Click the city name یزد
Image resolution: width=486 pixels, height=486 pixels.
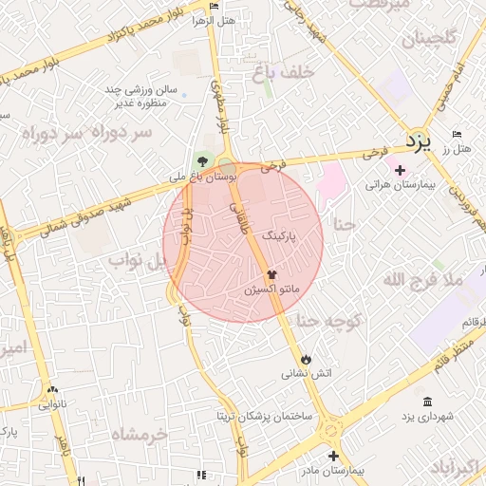(419, 143)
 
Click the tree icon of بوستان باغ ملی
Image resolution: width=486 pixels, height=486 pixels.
(200, 159)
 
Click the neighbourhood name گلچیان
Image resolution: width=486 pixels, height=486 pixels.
(429, 40)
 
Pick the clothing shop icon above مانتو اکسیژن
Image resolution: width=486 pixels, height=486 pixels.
(273, 272)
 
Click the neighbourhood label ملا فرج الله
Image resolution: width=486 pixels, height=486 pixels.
(421, 280)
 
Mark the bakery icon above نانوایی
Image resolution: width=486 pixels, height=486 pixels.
(52, 390)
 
